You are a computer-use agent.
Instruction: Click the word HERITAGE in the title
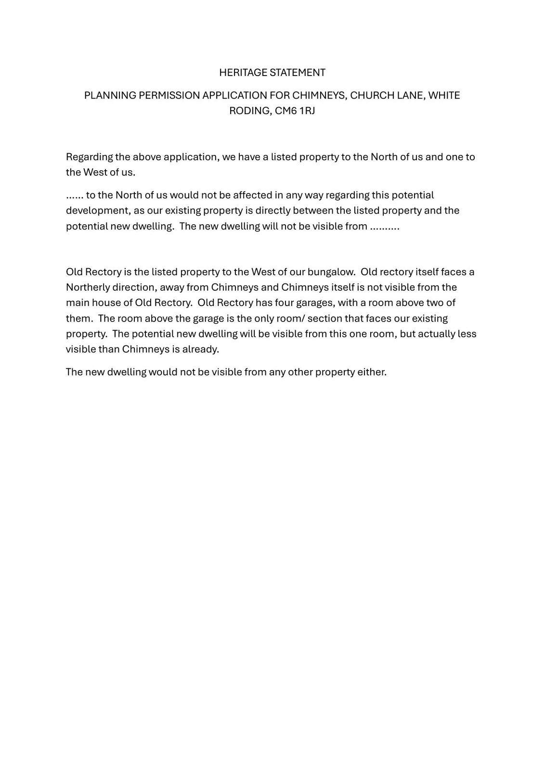[x=243, y=73]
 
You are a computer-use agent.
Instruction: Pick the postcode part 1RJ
[x=307, y=111]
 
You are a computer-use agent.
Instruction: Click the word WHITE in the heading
[x=444, y=95]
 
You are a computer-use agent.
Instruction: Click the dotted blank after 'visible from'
[x=385, y=227]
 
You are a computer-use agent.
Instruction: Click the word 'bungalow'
[x=330, y=272]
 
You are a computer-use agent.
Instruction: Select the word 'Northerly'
[x=88, y=287]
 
